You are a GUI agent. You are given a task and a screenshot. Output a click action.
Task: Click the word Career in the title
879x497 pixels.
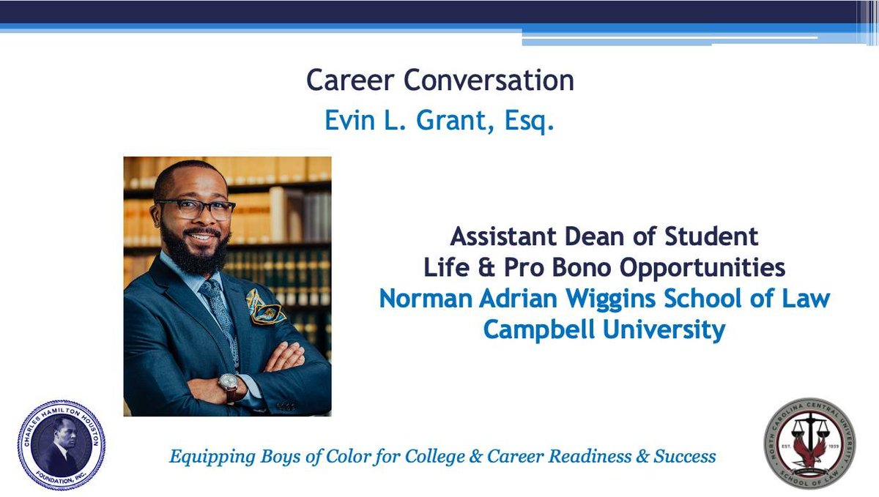(342, 81)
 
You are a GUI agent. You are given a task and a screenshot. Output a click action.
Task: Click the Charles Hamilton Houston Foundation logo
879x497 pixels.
(61, 444)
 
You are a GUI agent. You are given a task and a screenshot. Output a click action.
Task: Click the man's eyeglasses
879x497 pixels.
(195, 209)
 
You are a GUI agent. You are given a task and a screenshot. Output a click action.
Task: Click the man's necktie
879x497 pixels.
(218, 307)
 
